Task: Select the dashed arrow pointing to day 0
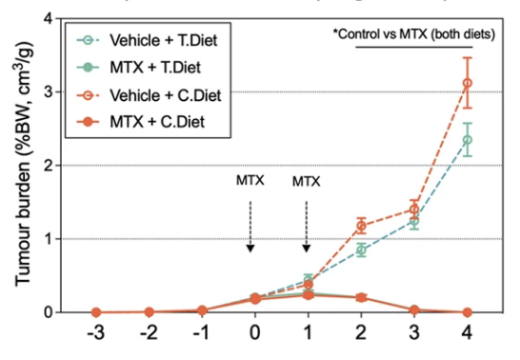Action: [250, 224]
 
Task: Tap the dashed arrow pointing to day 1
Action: [307, 224]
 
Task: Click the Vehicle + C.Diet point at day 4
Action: [469, 84]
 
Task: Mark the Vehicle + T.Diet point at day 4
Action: [469, 139]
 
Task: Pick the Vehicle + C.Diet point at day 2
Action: [361, 226]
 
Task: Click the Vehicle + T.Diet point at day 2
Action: [361, 250]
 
